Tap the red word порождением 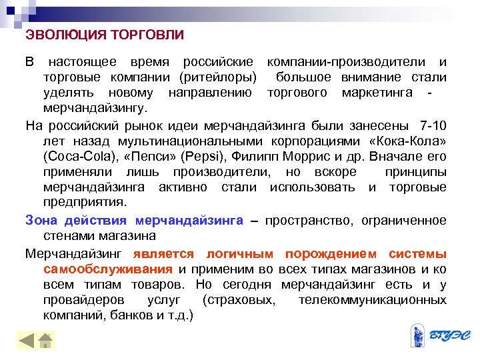click(x=327, y=254)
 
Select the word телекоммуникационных click(x=373, y=301)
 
